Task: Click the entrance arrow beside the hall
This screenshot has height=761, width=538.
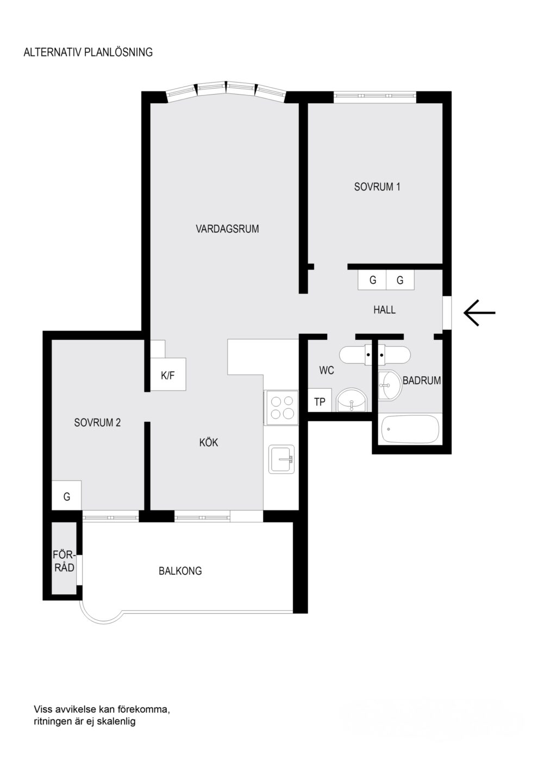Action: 479,313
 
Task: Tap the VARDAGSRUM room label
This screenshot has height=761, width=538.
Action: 227,229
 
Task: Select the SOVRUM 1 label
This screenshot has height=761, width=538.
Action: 377,186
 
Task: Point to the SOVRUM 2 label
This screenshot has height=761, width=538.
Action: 97,422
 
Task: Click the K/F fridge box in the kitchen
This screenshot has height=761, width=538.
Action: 168,375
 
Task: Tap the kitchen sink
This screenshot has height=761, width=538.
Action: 281,459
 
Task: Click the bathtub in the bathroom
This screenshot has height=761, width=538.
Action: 410,429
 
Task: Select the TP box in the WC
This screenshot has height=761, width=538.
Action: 320,400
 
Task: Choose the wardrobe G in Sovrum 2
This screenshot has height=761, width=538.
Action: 66,495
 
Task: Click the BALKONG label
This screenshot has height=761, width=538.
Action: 180,571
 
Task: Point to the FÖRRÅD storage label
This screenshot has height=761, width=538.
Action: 64,561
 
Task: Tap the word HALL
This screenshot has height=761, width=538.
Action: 385,310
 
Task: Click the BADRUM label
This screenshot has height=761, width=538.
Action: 422,380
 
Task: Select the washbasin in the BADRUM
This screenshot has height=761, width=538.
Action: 390,385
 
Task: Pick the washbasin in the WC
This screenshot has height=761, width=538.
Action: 352,400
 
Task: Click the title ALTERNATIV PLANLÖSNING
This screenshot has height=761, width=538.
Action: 88,52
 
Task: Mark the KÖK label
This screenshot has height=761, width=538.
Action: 209,442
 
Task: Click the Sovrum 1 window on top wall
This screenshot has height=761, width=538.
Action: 374,97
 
